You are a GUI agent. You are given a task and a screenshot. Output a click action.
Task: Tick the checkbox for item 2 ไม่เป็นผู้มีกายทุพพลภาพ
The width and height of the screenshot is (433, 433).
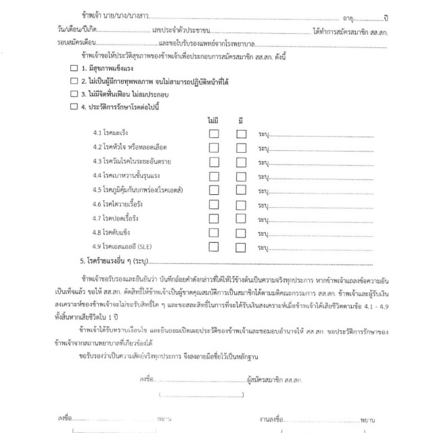pos(74,81)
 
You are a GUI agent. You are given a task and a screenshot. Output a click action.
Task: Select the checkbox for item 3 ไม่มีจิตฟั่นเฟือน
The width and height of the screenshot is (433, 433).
pos(74,93)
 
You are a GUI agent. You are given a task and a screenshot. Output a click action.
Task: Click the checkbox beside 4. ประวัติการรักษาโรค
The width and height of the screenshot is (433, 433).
pos(74,106)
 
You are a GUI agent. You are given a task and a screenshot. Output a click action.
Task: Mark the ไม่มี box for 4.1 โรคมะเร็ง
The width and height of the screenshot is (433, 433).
pos(214,134)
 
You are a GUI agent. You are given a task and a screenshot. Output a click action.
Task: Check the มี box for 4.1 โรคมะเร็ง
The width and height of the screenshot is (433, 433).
pos(241,134)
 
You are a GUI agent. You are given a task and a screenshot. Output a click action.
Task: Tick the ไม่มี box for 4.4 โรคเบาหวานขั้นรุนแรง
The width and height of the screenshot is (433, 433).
pos(214,176)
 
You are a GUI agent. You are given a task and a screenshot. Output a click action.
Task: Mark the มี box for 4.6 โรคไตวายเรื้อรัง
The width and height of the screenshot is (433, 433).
pos(241,204)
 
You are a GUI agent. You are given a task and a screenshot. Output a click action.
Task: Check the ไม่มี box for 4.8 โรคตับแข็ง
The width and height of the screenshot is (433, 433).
pos(214,232)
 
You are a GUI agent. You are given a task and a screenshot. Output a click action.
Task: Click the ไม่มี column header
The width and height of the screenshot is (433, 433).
pos(214,120)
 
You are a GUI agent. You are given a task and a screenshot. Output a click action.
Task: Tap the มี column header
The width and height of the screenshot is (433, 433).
pos(241,120)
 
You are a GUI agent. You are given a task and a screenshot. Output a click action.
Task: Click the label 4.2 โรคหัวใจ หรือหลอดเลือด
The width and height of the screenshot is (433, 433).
pos(130,147)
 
